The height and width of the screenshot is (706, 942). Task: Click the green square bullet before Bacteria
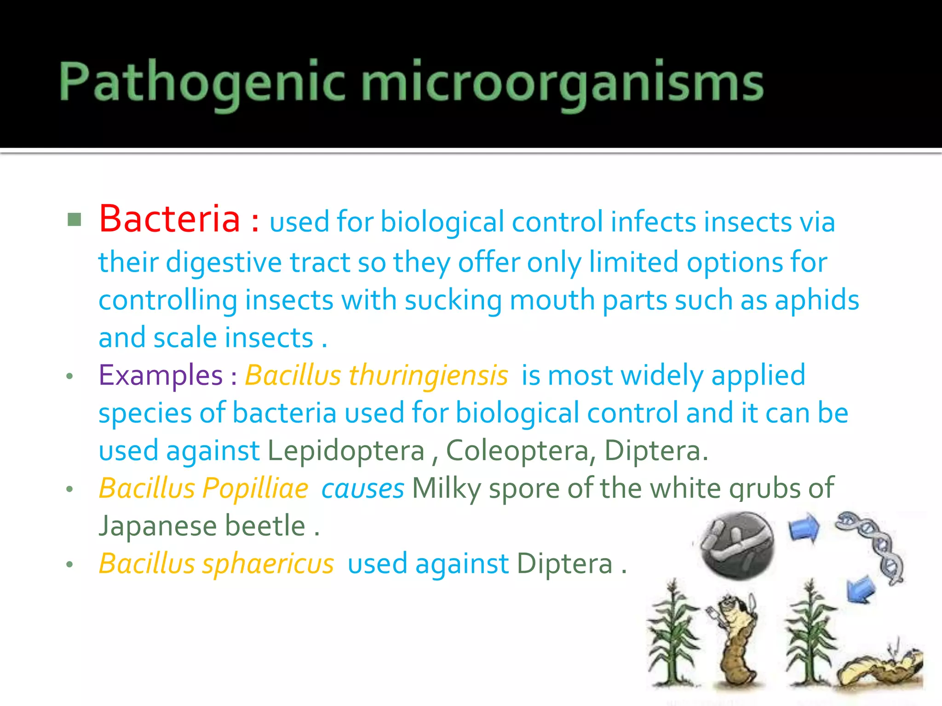click(x=74, y=220)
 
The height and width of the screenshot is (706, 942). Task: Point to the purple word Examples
click(x=161, y=375)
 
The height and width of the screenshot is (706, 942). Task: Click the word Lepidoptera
click(x=346, y=450)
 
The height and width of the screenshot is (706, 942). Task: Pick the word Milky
click(x=446, y=488)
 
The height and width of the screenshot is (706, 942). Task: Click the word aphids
click(x=817, y=301)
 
